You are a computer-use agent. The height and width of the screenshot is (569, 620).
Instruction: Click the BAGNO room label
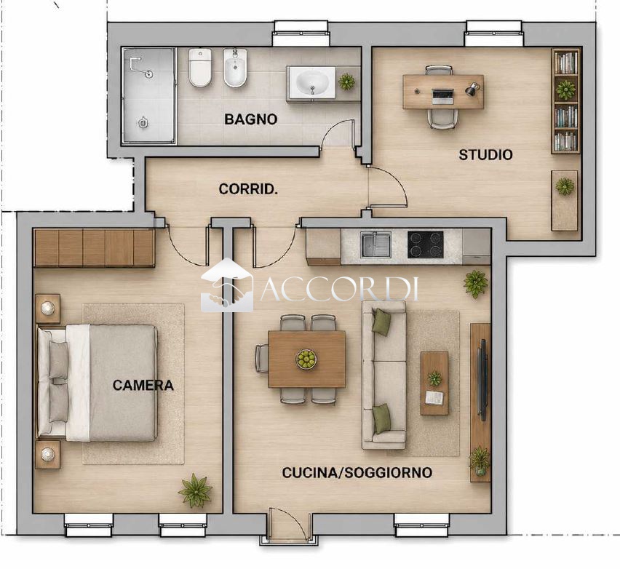pyautogui.click(x=250, y=119)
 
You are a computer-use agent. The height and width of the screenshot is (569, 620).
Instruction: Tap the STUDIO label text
pyautogui.click(x=485, y=154)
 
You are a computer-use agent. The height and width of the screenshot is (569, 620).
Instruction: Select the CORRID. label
pyautogui.click(x=248, y=189)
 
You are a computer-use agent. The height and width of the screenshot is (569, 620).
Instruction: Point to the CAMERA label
pyautogui.click(x=143, y=385)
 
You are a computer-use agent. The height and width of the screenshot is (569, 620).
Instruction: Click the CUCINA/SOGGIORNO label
pyautogui.click(x=357, y=472)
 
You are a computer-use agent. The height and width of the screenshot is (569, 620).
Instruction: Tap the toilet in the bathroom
pyautogui.click(x=199, y=67)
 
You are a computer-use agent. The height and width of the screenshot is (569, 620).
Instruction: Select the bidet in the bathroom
pyautogui.click(x=235, y=67)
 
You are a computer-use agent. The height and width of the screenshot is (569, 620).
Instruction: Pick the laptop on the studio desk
pyautogui.click(x=442, y=96)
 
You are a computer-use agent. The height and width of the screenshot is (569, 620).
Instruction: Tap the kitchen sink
pyautogui.click(x=375, y=244)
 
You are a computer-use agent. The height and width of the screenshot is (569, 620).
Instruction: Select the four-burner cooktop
pyautogui.click(x=426, y=244)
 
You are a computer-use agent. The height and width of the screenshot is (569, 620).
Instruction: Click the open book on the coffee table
pyautogui.click(x=434, y=397)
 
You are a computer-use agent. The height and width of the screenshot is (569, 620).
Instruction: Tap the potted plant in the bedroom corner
pyautogui.click(x=195, y=490)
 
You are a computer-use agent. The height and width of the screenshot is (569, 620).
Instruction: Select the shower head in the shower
pyautogui.click(x=149, y=74)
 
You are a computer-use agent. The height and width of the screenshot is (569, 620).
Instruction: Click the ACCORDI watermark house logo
pyautogui.click(x=226, y=285)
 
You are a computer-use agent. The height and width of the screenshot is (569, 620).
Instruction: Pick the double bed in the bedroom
pyautogui.click(x=98, y=383)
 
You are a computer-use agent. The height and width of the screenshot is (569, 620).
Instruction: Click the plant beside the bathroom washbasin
pyautogui.click(x=347, y=81)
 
